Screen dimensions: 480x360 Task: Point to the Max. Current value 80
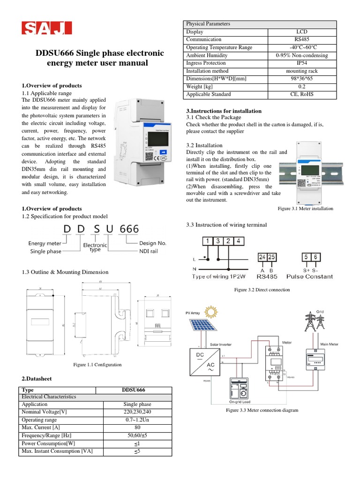[x=137, y=428]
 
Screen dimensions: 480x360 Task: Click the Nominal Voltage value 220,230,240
[x=137, y=412]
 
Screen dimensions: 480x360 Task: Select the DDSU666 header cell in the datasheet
[x=134, y=390]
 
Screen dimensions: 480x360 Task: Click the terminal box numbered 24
[x=263, y=257]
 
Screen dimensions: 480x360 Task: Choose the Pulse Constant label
[x=309, y=277]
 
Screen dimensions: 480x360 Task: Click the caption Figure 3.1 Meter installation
[x=305, y=209]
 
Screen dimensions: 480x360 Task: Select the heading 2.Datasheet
[x=37, y=378]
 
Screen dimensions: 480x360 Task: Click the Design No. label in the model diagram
[x=153, y=244]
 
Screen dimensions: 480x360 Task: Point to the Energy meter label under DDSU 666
[x=45, y=244]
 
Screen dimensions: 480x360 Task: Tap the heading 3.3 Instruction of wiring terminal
[x=226, y=225]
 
